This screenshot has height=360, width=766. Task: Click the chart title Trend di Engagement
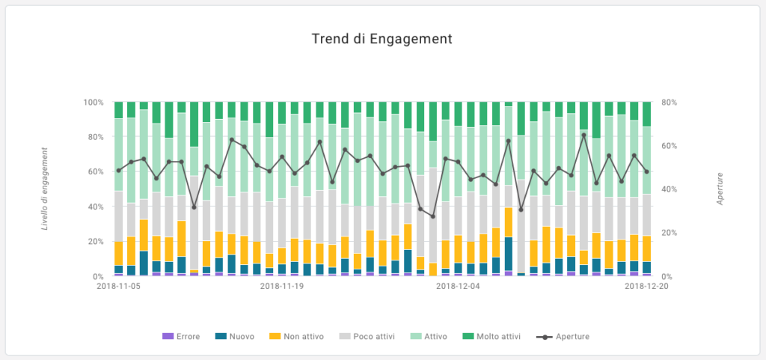[382, 38]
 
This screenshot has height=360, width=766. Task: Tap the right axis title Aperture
[720, 188]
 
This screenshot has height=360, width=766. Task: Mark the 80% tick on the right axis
[670, 102]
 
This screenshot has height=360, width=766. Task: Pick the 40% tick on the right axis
[670, 189]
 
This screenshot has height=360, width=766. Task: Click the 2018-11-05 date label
[118, 286]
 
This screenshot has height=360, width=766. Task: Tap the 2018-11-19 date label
[282, 286]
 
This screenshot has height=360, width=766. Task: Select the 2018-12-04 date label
[457, 286]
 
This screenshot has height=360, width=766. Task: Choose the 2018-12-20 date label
[646, 286]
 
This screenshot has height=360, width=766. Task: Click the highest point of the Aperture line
[583, 135]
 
